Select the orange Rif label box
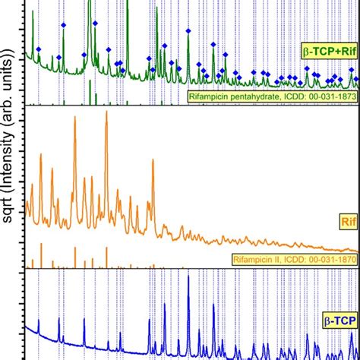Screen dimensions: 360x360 pyautogui.click(x=346, y=222)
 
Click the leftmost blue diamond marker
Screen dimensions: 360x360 pyautogui.click(x=39, y=49)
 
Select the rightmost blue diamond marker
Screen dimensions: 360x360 pyautogui.click(x=352, y=69)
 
